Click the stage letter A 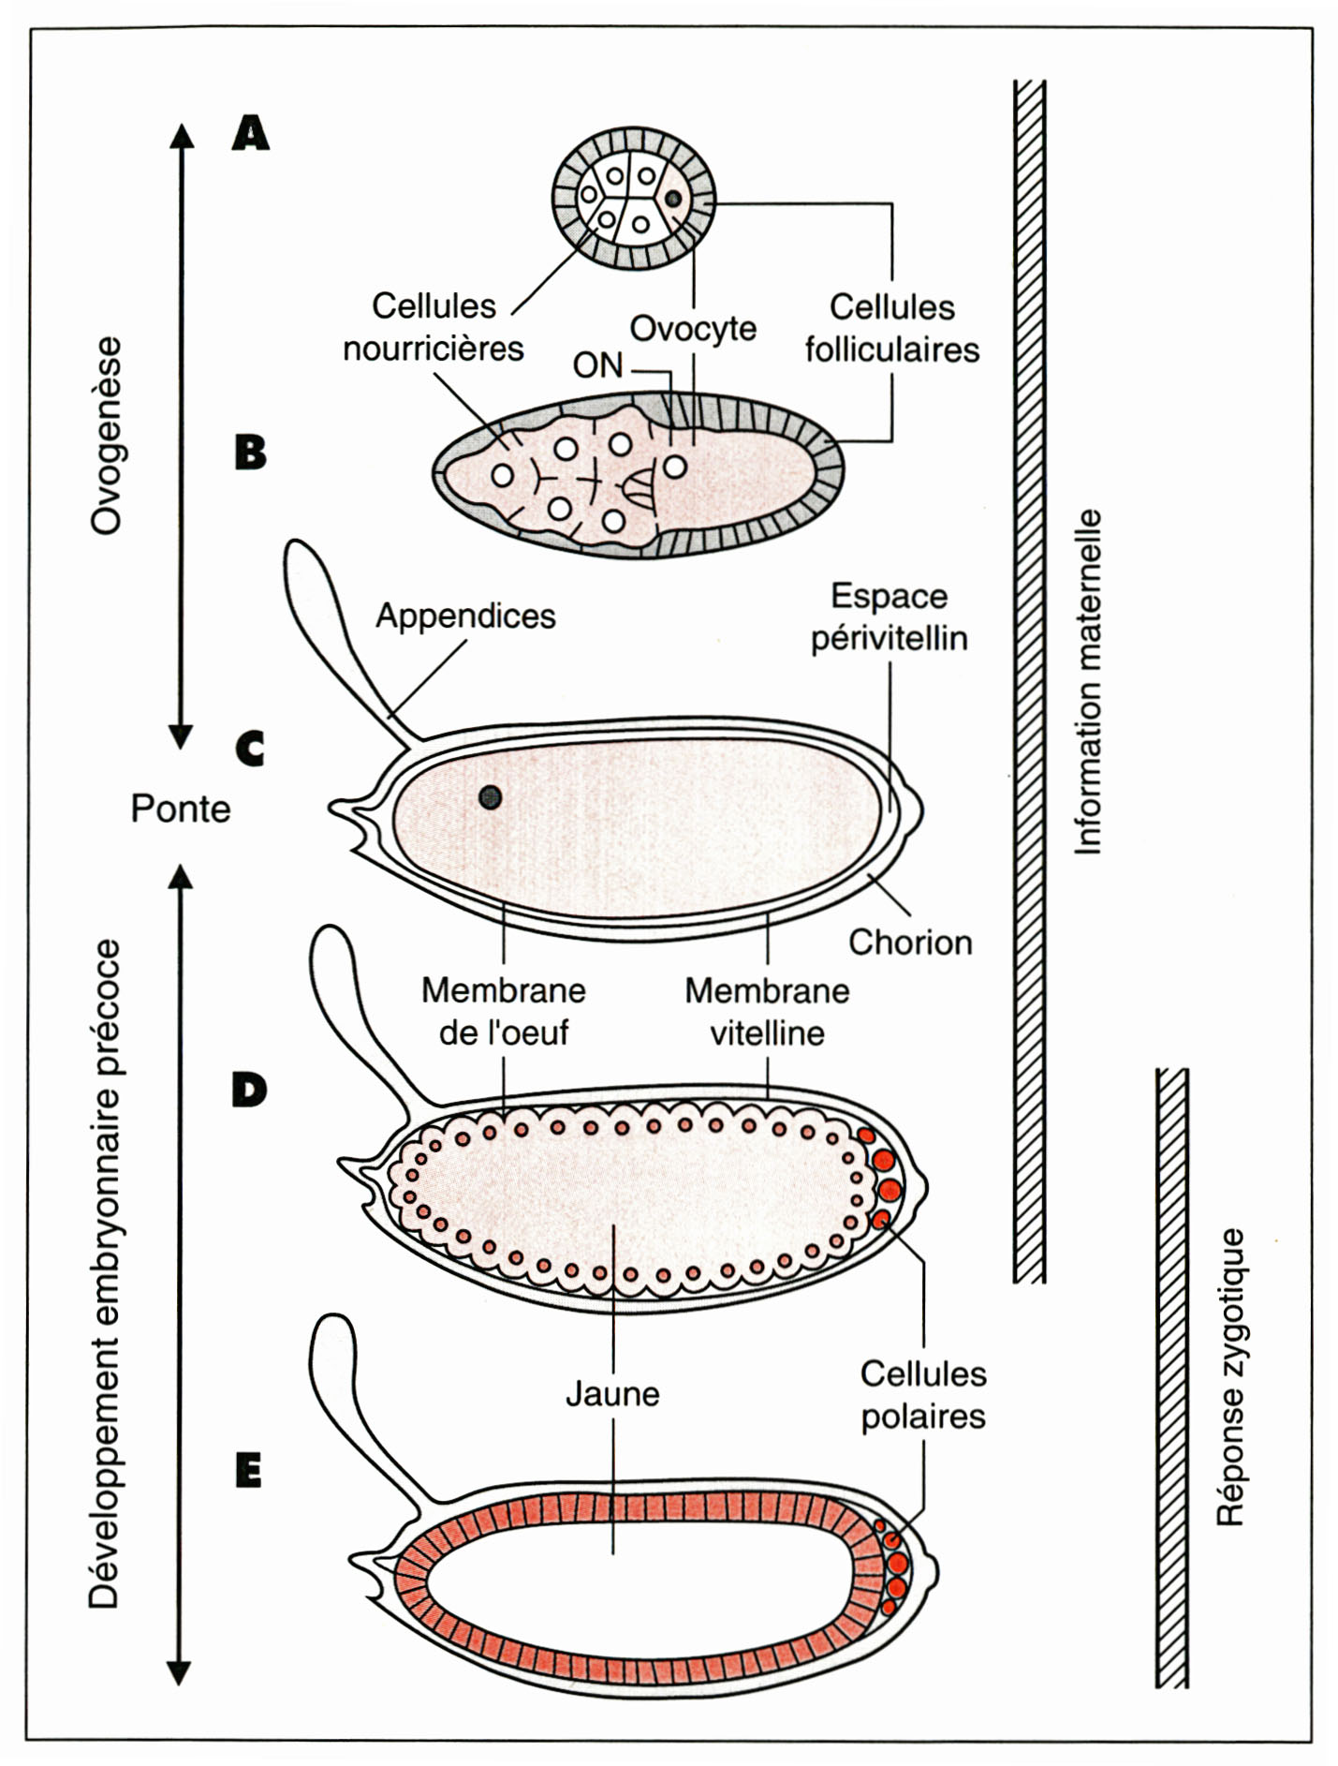251,133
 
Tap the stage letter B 250,453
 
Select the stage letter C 250,749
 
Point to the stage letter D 250,1090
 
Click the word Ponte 181,809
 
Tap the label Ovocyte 693,329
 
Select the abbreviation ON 598,365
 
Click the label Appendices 465,616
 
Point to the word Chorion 910,942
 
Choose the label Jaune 612,1394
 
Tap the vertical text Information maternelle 1088,682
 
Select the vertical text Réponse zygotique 1230,1377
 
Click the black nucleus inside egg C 490,797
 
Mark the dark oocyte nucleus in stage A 673,199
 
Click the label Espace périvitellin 889,617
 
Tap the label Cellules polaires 923,1395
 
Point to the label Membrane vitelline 767,1012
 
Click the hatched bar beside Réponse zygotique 1172,1377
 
